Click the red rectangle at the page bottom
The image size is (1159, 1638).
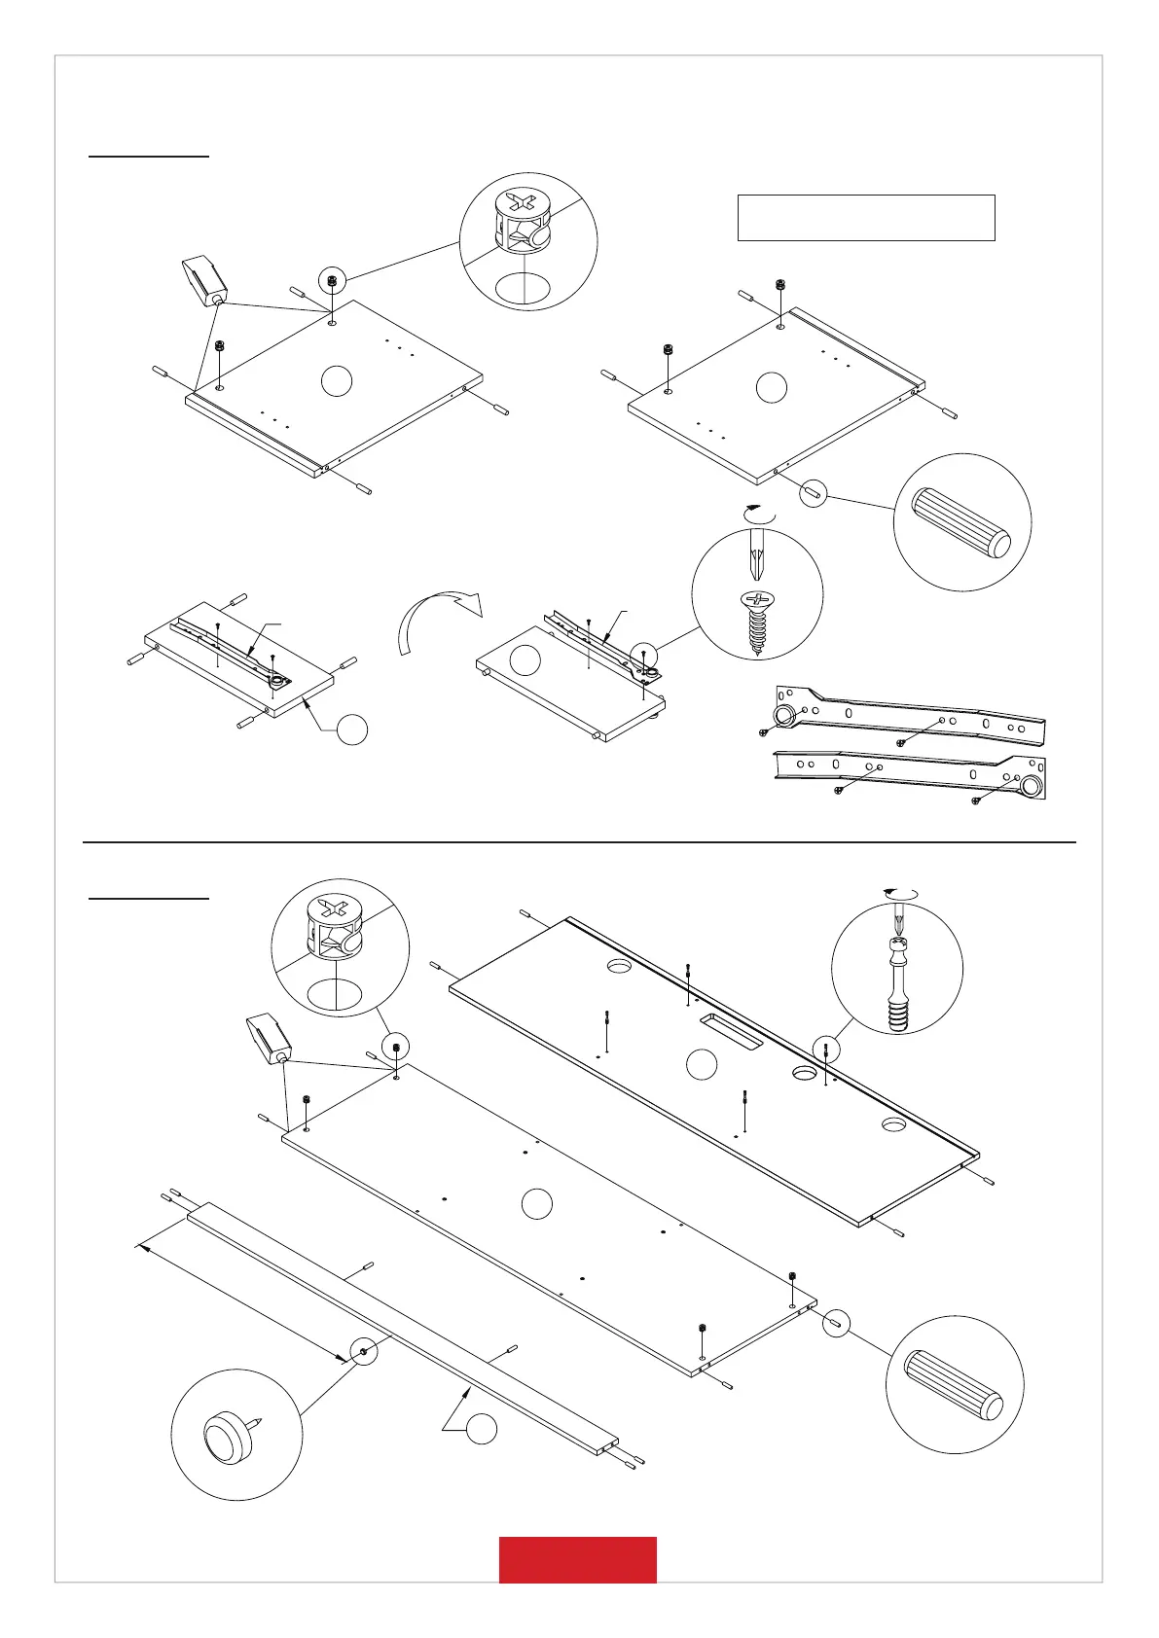pyautogui.click(x=577, y=1559)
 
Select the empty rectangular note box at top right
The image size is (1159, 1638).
pyautogui.click(x=866, y=217)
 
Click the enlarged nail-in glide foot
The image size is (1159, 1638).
pyautogui.click(x=229, y=1435)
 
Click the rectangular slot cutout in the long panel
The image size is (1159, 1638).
pyautogui.click(x=730, y=1030)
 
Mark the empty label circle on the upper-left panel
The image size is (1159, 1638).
pyautogui.click(x=335, y=381)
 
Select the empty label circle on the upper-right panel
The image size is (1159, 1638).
pyautogui.click(x=771, y=386)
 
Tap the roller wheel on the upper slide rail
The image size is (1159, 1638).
pyautogui.click(x=782, y=718)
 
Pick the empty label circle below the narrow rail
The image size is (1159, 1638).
pyautogui.click(x=481, y=1429)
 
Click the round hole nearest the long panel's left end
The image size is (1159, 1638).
pyautogui.click(x=620, y=966)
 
